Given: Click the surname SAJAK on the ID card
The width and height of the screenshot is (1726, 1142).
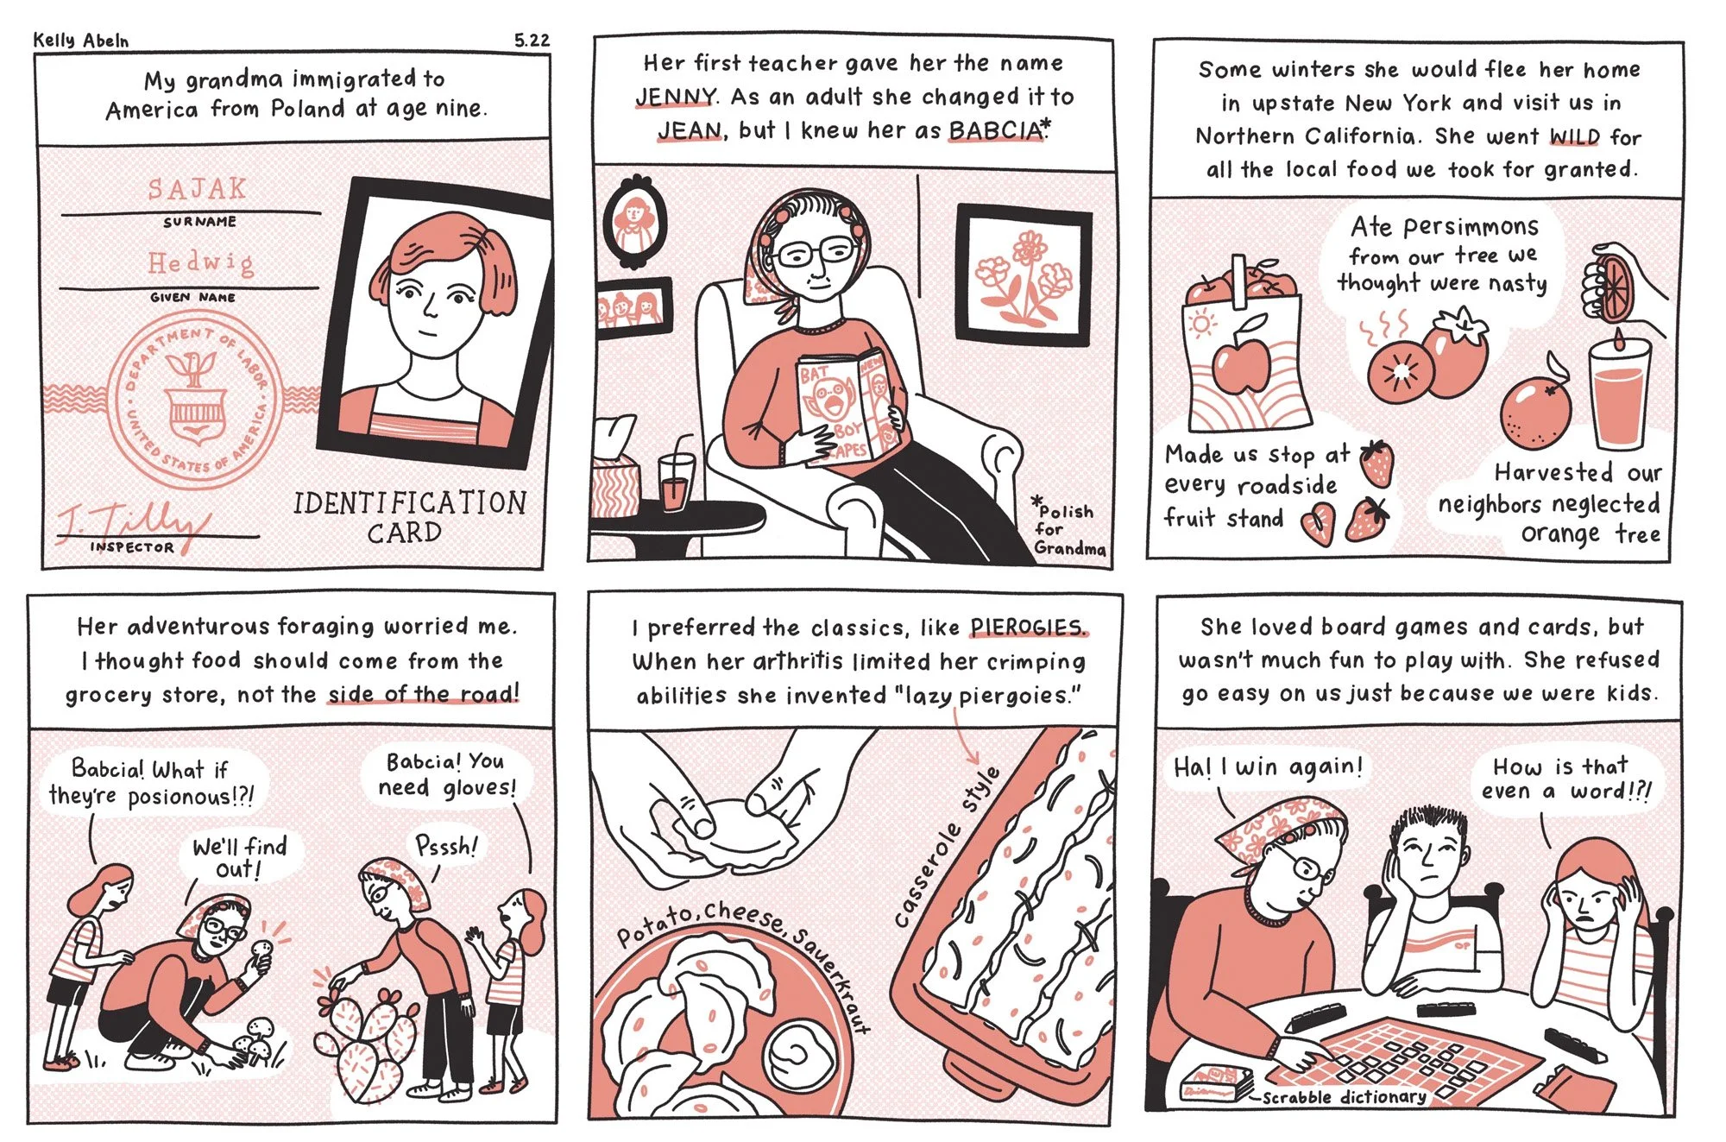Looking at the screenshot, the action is point(197,189).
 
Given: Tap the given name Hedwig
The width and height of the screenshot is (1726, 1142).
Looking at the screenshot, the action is point(201,262).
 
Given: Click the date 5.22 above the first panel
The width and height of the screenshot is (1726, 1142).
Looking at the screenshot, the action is point(532,40).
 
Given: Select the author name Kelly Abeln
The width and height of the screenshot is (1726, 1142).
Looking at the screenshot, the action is point(81,41).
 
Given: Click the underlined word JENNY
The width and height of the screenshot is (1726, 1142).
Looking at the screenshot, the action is point(676,97).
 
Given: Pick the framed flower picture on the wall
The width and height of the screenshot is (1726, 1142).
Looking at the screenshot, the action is point(1023,277).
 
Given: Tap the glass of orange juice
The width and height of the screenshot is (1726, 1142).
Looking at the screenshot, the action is point(1618,393).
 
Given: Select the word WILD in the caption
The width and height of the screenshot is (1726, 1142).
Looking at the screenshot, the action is point(1575,137).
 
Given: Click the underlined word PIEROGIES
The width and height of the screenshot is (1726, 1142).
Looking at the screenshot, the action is point(1028,628).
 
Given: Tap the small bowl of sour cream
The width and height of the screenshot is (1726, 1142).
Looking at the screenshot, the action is point(799,1055).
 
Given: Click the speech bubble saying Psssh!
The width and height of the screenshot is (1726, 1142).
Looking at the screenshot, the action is point(446,845).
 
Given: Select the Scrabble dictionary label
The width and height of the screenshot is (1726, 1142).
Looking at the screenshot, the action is point(1345,1097).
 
